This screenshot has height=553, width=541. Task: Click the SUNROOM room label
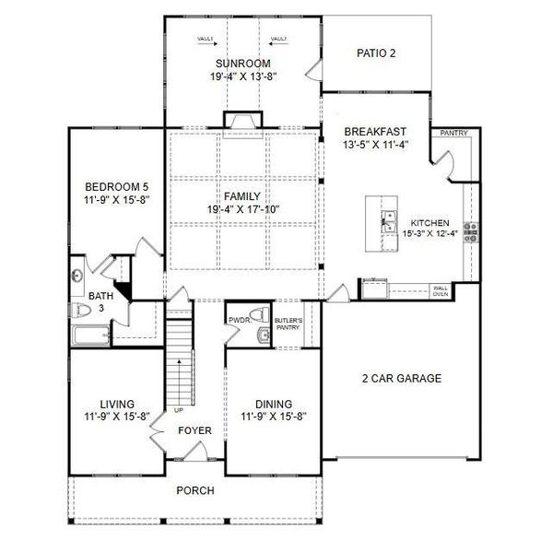coord(243,64)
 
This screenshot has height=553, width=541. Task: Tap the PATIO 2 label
coord(376,53)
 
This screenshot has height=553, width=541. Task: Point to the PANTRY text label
coord(453,134)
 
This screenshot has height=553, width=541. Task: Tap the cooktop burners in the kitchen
coord(470,230)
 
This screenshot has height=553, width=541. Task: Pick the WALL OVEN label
coord(441,291)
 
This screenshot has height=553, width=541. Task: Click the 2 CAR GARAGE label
coord(401,378)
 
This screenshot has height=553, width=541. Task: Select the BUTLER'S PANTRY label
coord(288,324)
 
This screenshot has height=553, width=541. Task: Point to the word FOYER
coord(195,430)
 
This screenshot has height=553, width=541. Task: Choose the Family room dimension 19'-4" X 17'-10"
coord(244,209)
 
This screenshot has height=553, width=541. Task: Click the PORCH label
coord(195,490)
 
